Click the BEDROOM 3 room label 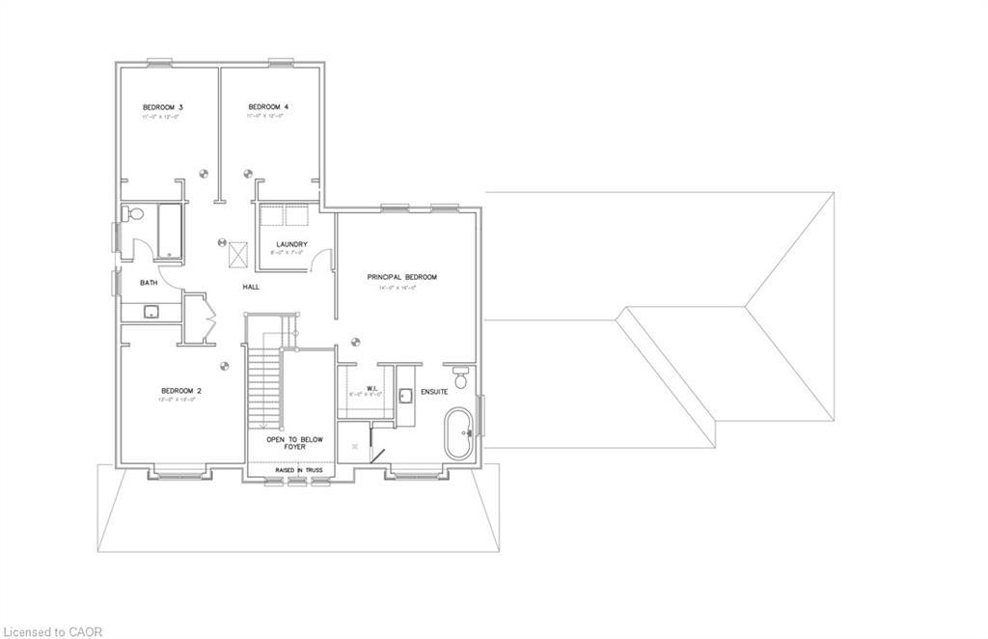click(163, 106)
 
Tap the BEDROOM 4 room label click(268, 106)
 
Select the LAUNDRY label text click(290, 244)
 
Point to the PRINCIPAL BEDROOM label click(401, 277)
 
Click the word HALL click(251, 287)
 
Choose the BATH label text click(149, 283)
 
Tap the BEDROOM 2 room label click(180, 390)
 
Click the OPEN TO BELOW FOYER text click(295, 443)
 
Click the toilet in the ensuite click(460, 377)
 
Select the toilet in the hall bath click(135, 214)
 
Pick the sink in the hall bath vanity click(151, 311)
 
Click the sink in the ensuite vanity click(405, 393)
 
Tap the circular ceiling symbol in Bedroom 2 click(225, 366)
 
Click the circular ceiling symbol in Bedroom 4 click(247, 175)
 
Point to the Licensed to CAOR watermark click(52, 631)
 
